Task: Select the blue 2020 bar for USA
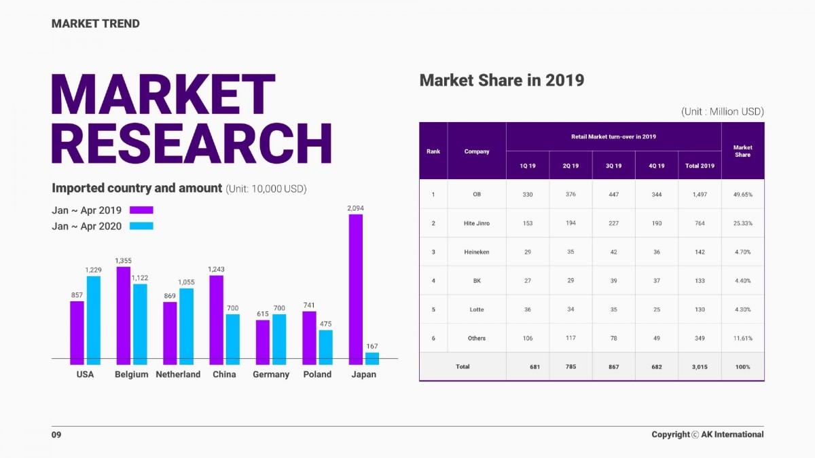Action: coord(94,317)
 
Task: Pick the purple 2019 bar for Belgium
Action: coord(123,313)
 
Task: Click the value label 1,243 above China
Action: coord(216,269)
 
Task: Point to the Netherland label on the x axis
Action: coord(178,375)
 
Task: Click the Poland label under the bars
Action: coord(317,375)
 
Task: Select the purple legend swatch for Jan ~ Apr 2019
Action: coord(142,210)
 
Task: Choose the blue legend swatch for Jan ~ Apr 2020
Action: coord(142,226)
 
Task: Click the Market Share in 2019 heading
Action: coord(502,80)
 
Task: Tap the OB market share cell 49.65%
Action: coord(742,195)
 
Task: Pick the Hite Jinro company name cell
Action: coord(477,223)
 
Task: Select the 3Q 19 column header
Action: coord(613,166)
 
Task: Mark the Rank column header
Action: coord(433,151)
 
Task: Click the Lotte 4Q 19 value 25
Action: coord(656,309)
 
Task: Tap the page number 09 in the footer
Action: coord(56,434)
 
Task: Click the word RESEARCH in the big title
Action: coord(192,144)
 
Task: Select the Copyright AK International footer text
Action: coord(707,434)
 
